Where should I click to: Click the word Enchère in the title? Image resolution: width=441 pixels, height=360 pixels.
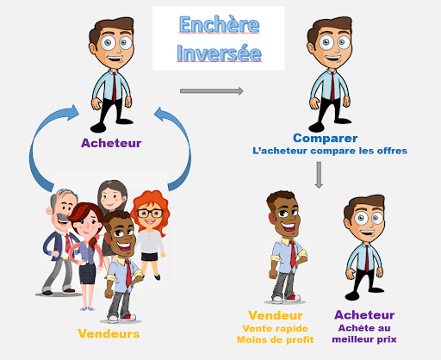coord(219,24)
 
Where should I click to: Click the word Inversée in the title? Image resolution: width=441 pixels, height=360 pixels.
coord(219,53)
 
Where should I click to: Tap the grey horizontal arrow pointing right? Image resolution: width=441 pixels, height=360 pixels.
coord(212,91)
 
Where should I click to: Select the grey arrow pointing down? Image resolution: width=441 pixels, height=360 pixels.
coord(319,175)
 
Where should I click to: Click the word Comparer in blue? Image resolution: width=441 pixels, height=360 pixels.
coord(326,138)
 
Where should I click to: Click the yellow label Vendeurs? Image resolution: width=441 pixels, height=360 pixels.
coord(109,334)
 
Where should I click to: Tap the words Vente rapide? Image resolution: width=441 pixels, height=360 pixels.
coord(276,328)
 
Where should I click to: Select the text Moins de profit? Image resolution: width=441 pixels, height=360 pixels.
coord(276,340)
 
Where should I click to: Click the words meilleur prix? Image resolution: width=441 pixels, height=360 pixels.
coord(364,339)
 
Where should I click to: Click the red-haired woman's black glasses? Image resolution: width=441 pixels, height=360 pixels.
coord(150,214)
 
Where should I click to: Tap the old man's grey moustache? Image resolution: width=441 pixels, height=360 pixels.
coord(62,217)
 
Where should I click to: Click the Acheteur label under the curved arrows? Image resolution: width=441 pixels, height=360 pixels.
coord(111,143)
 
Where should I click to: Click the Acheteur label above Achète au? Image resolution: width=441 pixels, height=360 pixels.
coord(364,315)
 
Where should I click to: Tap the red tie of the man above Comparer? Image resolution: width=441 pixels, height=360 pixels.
coord(332,86)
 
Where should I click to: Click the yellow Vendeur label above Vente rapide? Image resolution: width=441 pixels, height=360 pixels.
coord(276,315)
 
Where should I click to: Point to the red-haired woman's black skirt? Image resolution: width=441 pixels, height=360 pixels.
coord(149,257)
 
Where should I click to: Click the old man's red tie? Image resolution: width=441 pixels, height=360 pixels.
coord(68,243)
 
